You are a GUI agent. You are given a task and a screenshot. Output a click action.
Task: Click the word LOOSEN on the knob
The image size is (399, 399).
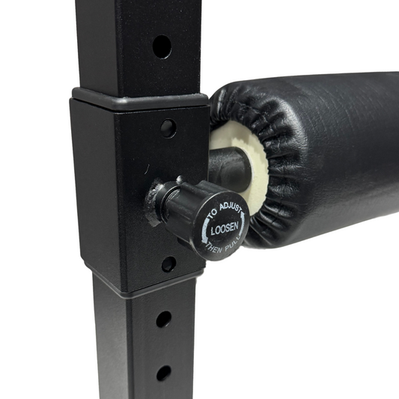coord(223,231)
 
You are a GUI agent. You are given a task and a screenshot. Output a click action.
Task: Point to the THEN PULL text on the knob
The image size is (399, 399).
coord(222,247)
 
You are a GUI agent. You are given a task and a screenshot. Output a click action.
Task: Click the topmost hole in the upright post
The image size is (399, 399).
coord(162,46)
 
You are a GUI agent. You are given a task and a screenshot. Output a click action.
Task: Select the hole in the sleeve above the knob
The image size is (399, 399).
coord(168,127)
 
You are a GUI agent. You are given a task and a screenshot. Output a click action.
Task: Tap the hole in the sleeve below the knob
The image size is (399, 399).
coord(169,264)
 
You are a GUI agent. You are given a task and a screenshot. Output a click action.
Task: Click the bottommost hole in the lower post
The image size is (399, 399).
coord(163,372)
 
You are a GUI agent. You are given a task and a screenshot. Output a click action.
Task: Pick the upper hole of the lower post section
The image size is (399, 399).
coord(163,319)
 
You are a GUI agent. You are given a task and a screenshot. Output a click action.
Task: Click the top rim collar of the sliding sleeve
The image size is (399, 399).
coord(138,97)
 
